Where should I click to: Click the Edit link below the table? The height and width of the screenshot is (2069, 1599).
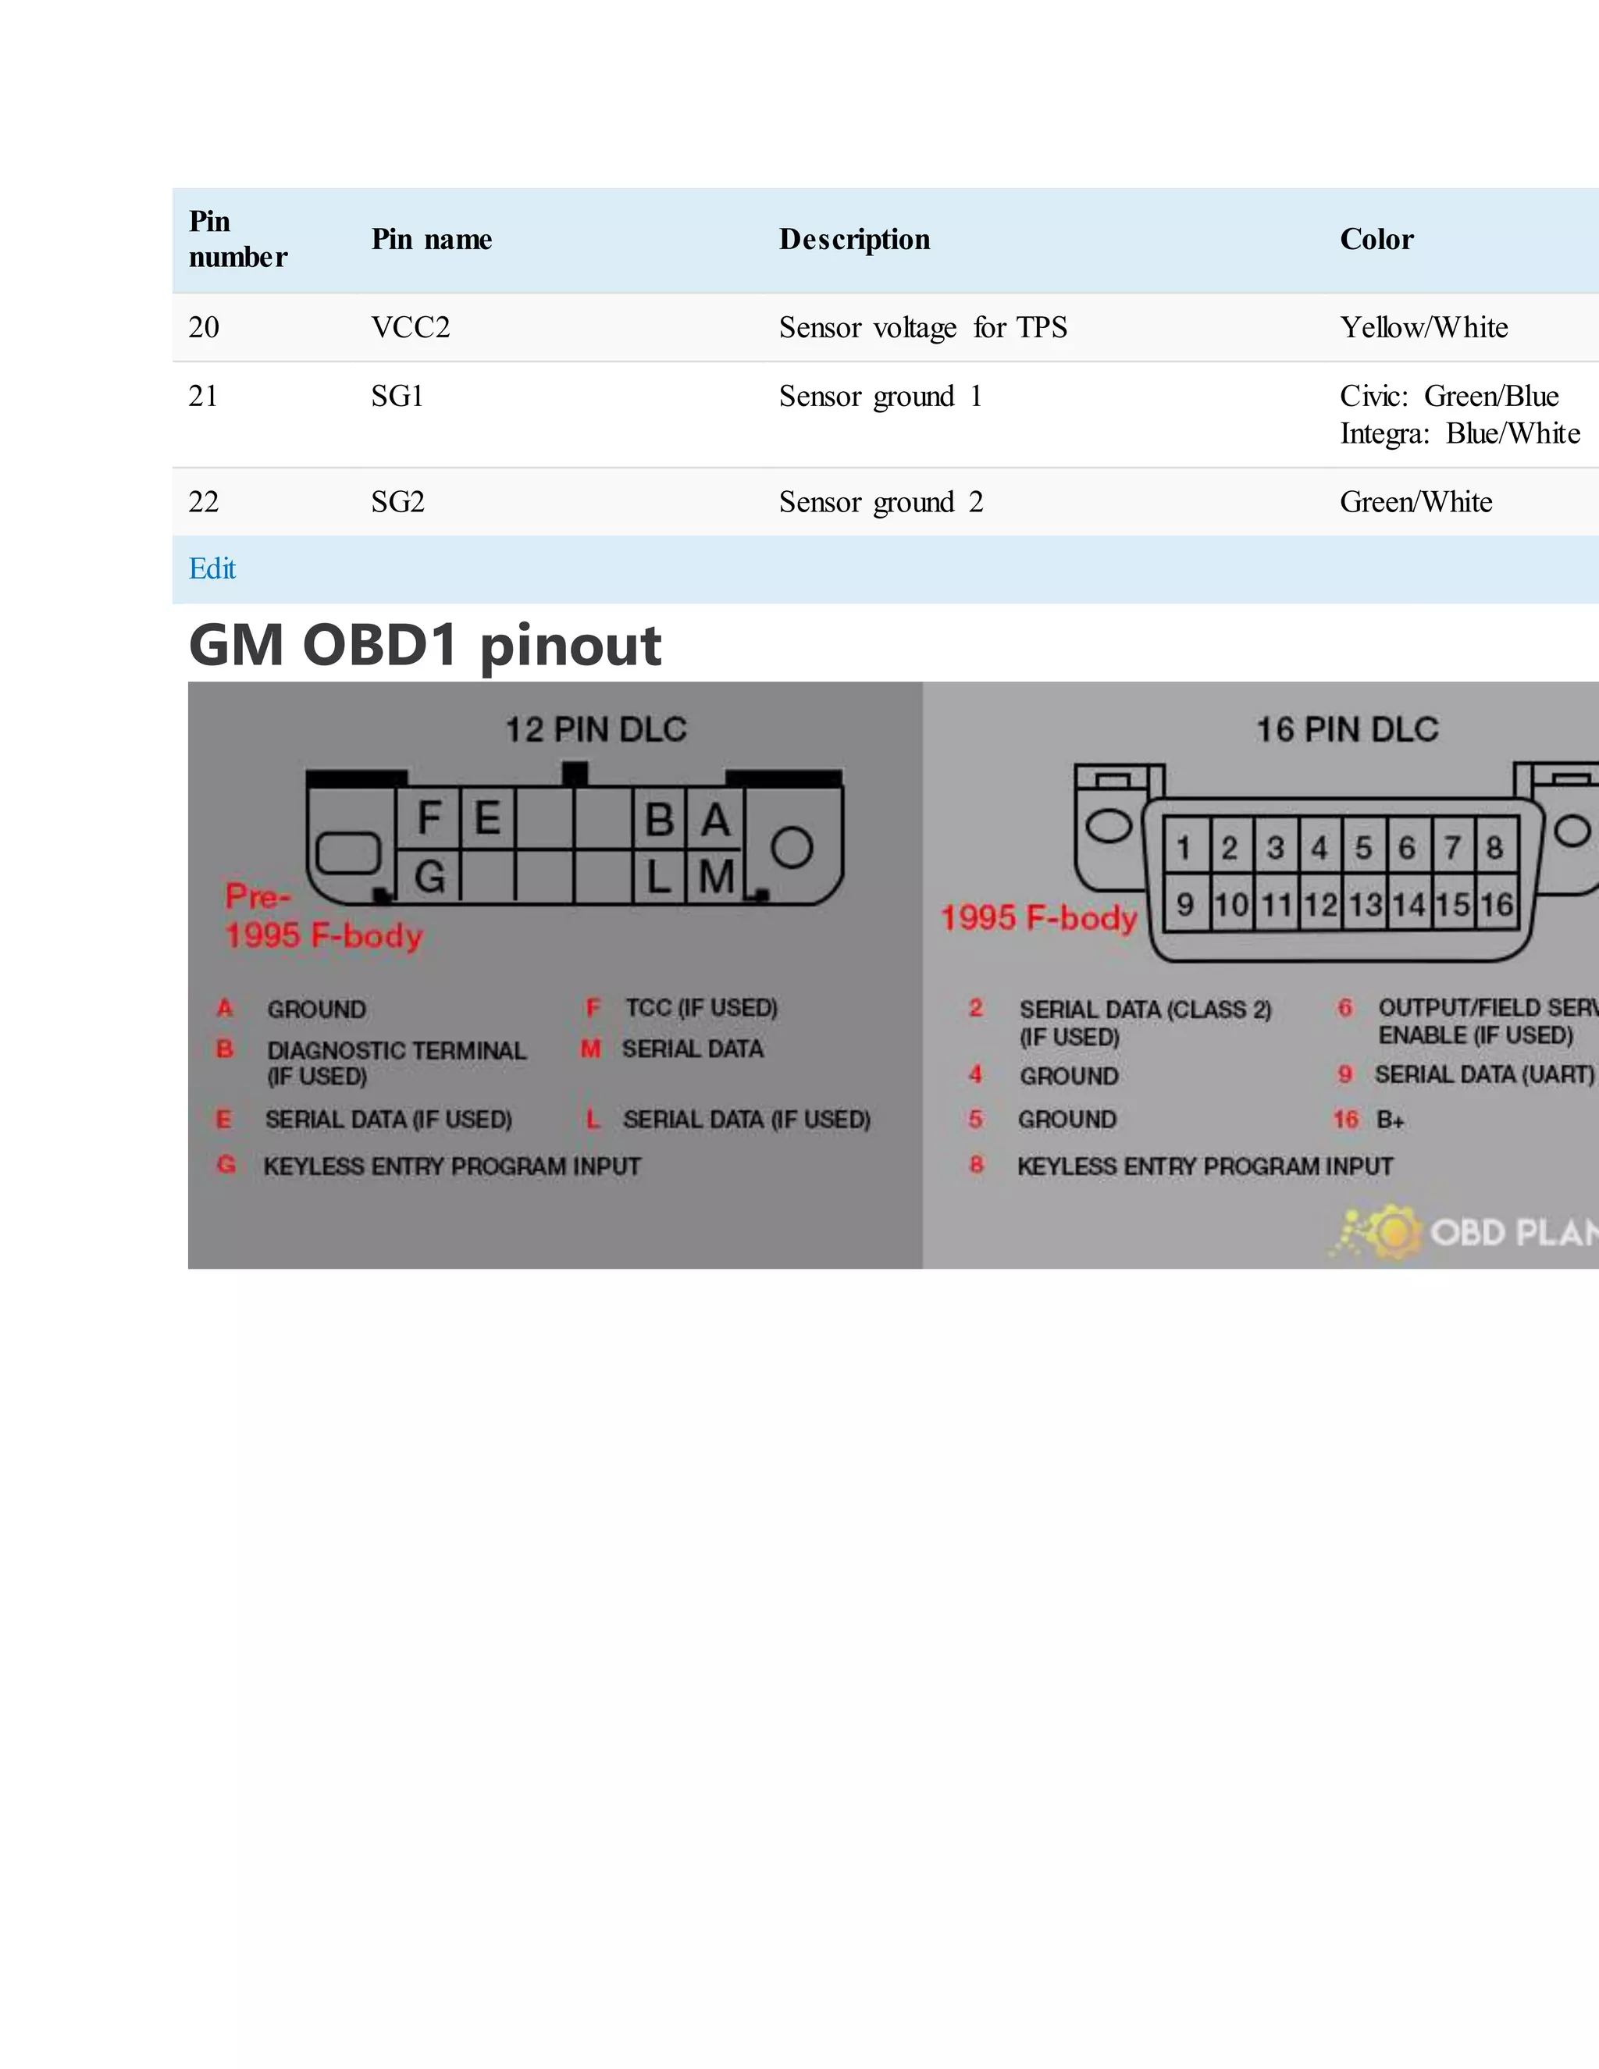[x=212, y=568]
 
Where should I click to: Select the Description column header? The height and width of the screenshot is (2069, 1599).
[x=853, y=240]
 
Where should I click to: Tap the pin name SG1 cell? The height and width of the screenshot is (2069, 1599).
[x=397, y=396]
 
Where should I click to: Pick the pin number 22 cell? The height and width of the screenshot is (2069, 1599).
[x=204, y=502]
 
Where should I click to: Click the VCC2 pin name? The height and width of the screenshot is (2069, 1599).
[x=410, y=328]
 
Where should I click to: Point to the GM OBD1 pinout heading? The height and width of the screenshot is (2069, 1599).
[x=425, y=646]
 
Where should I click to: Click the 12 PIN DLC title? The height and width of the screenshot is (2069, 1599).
[x=595, y=729]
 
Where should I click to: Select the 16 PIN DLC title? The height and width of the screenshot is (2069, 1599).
[x=1346, y=729]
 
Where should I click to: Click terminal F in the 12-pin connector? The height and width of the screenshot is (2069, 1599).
[x=429, y=818]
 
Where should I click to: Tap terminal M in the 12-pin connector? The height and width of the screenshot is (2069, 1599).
[x=716, y=876]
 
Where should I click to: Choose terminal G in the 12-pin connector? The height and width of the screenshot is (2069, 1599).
[x=429, y=876]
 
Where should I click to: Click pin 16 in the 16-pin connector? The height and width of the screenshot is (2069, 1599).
[x=1496, y=905]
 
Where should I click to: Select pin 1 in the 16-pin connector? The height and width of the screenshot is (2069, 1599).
[x=1183, y=847]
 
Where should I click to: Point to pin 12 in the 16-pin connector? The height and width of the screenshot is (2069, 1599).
[x=1319, y=905]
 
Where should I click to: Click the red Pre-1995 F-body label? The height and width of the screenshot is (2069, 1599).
[x=322, y=916]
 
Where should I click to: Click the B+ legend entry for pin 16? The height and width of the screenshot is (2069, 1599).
[x=1389, y=1120]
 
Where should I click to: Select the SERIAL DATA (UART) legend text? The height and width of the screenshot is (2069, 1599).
[x=1483, y=1074]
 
